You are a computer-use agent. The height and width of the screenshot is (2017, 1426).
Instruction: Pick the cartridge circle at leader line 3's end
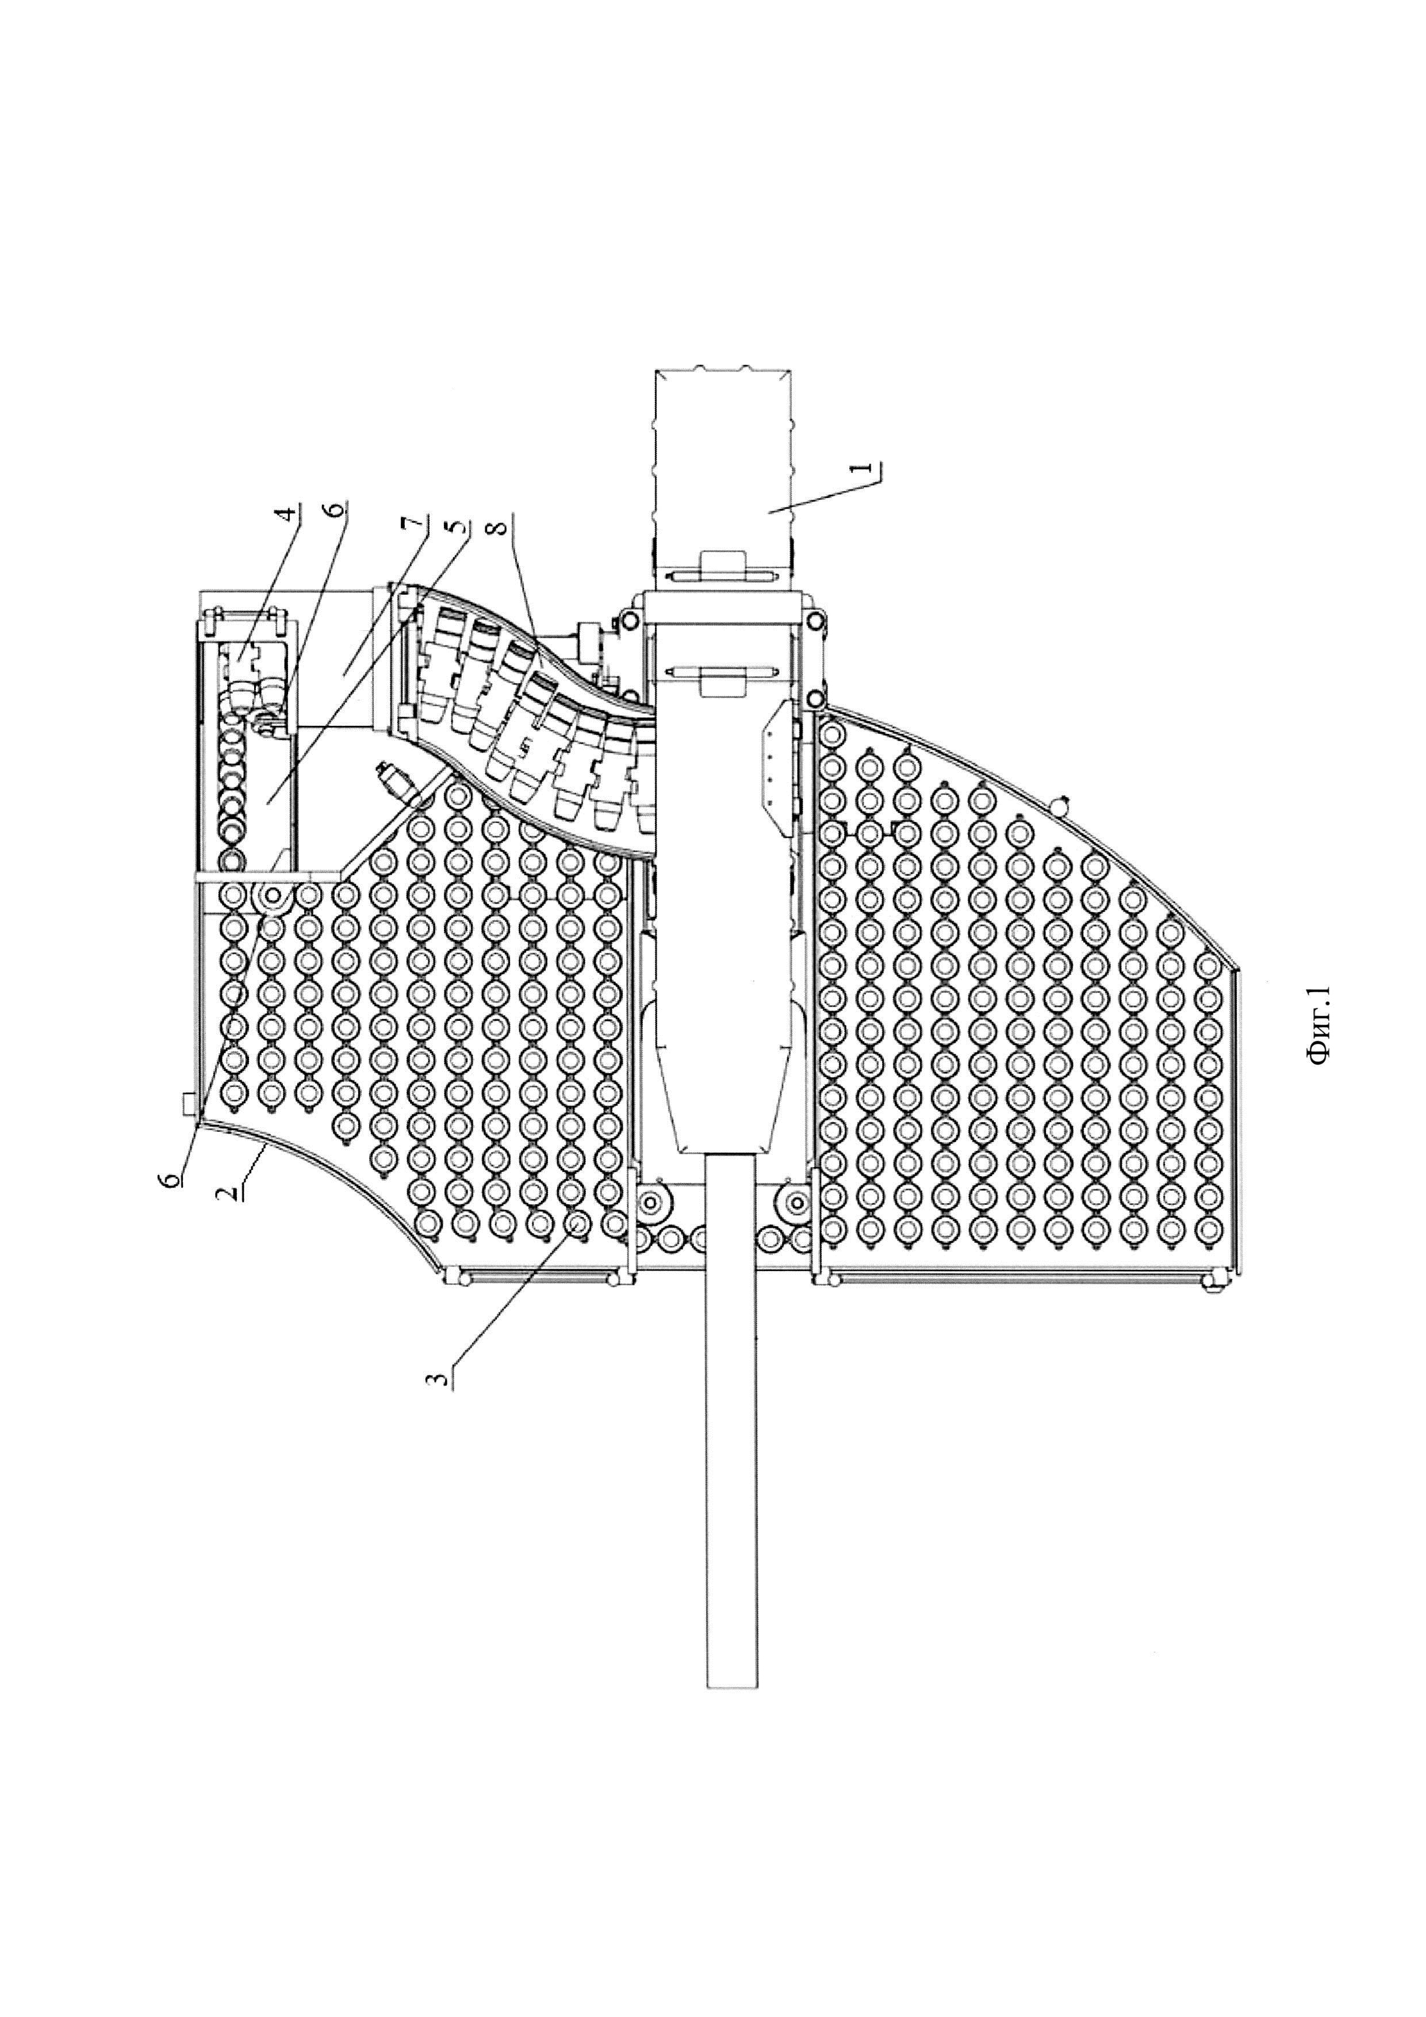tap(578, 1223)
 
